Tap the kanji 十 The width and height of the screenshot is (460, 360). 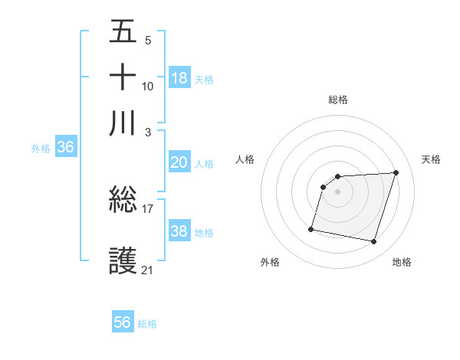123,78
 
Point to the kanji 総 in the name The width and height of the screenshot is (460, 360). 123,201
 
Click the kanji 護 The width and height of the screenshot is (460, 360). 123,260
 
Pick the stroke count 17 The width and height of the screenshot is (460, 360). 148,208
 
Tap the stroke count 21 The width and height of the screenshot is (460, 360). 148,270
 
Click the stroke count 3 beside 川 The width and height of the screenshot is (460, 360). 148,133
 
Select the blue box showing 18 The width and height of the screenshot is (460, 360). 179,78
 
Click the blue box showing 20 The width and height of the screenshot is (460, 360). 179,162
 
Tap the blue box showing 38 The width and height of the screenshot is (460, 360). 179,231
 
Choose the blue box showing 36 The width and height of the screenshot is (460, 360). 65,148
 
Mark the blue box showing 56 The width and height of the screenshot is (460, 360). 123,322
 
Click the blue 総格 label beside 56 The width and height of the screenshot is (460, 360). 147,324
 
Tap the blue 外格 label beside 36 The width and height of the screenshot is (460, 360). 41,149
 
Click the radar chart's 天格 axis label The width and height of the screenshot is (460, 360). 432,159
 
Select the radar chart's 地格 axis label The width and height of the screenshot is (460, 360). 402,262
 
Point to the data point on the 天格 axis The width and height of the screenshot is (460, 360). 396,172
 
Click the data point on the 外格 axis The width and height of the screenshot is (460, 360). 311,228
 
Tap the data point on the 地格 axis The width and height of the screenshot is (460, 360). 374,242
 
